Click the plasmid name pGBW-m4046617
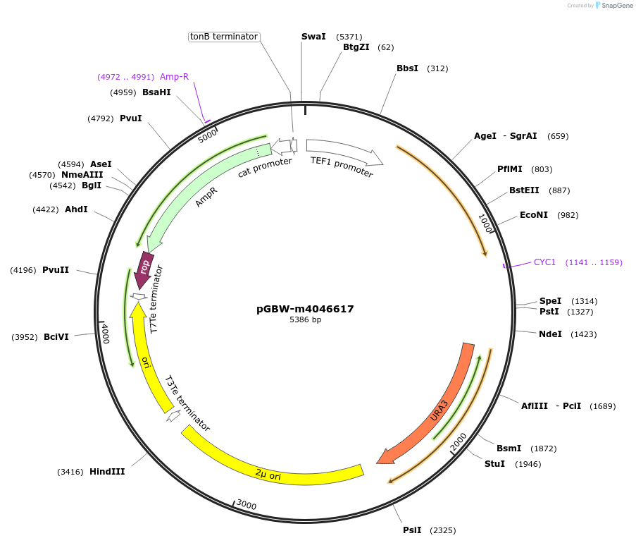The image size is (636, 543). pyautogui.click(x=305, y=309)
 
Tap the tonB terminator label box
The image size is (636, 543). pyautogui.click(x=225, y=37)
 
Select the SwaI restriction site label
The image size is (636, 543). pyautogui.click(x=313, y=36)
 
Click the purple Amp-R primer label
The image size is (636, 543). pyautogui.click(x=174, y=77)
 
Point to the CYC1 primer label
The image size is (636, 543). pyautogui.click(x=544, y=262)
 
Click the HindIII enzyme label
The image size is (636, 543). pyautogui.click(x=107, y=472)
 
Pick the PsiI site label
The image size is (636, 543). pyautogui.click(x=412, y=530)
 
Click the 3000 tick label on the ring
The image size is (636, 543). pyautogui.click(x=246, y=505)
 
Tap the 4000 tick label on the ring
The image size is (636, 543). pyautogui.click(x=104, y=334)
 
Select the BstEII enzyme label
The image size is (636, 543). pyautogui.click(x=523, y=190)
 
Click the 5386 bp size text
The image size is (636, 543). pyautogui.click(x=305, y=320)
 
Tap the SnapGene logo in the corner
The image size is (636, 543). pyautogui.click(x=613, y=6)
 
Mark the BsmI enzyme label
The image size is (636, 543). pyautogui.click(x=509, y=449)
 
